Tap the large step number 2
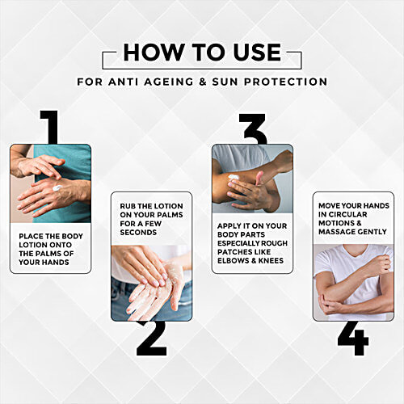(x=152, y=338)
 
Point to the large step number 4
(x=353, y=338)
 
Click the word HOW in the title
(x=153, y=52)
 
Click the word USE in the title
(x=258, y=52)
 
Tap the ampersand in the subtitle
(x=203, y=82)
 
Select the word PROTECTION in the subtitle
(x=286, y=82)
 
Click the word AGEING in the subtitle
(x=169, y=82)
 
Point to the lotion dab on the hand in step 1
(x=57, y=187)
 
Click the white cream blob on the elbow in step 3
(x=234, y=178)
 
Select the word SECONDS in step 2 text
(x=138, y=233)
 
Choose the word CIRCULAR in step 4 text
(x=347, y=215)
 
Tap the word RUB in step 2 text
(x=128, y=206)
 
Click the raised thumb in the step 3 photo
(x=259, y=179)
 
